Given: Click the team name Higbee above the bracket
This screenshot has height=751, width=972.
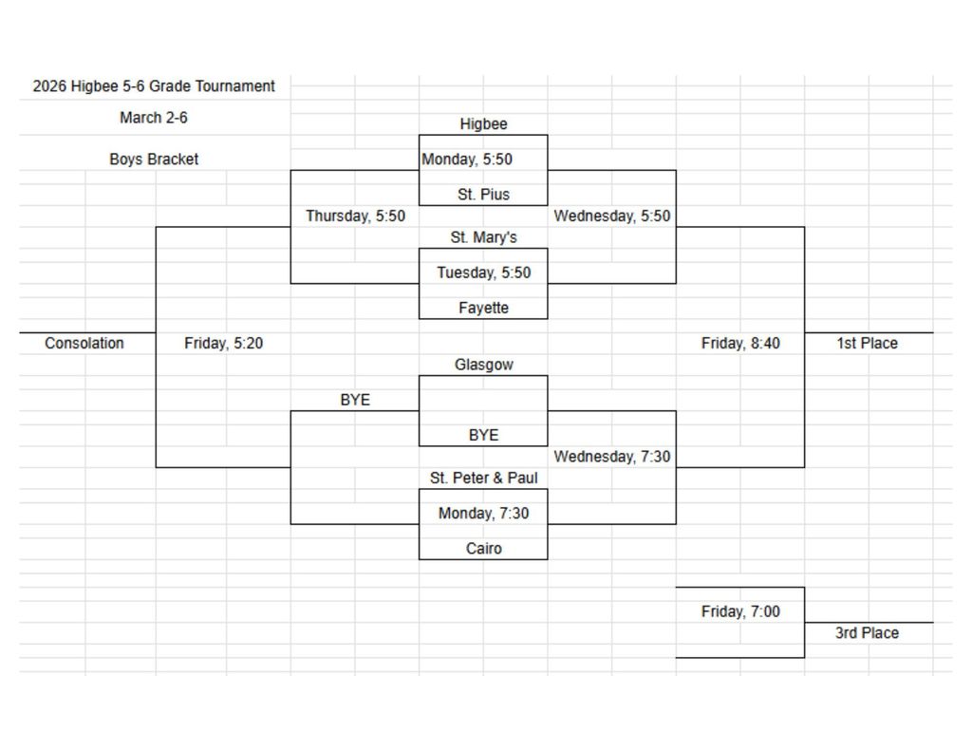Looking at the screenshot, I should (x=483, y=124).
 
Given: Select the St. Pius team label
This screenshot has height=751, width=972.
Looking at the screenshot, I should (x=483, y=195).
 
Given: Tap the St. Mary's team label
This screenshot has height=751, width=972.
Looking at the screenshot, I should (x=483, y=237).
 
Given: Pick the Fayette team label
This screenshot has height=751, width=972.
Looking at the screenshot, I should (x=483, y=308).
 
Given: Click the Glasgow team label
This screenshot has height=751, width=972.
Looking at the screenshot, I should (x=483, y=365).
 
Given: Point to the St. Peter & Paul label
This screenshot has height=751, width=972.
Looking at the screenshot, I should (x=483, y=479).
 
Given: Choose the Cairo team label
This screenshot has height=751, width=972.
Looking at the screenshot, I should (x=483, y=549).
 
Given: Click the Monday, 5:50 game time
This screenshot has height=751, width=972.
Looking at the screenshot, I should (x=467, y=160).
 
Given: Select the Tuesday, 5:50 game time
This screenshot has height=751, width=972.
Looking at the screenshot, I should (x=483, y=272).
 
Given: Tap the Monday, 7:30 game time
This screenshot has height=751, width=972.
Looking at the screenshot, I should (x=483, y=514).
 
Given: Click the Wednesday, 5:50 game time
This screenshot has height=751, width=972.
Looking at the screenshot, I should (x=612, y=216).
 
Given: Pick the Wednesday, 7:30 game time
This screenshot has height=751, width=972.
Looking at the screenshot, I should (x=612, y=457).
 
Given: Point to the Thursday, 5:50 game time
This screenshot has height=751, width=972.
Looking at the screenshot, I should (x=355, y=216).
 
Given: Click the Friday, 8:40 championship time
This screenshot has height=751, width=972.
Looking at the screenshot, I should (x=740, y=344).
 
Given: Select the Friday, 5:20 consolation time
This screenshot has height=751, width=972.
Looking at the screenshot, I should (x=223, y=344).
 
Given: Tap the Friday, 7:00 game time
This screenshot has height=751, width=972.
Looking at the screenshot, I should (x=740, y=612).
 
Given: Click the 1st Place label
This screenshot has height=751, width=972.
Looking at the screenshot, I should (x=867, y=344).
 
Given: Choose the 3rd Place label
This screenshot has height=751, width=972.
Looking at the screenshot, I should (x=867, y=633).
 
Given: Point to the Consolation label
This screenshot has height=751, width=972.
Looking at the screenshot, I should (x=84, y=344).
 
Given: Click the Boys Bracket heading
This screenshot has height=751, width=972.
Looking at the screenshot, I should (x=154, y=160).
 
